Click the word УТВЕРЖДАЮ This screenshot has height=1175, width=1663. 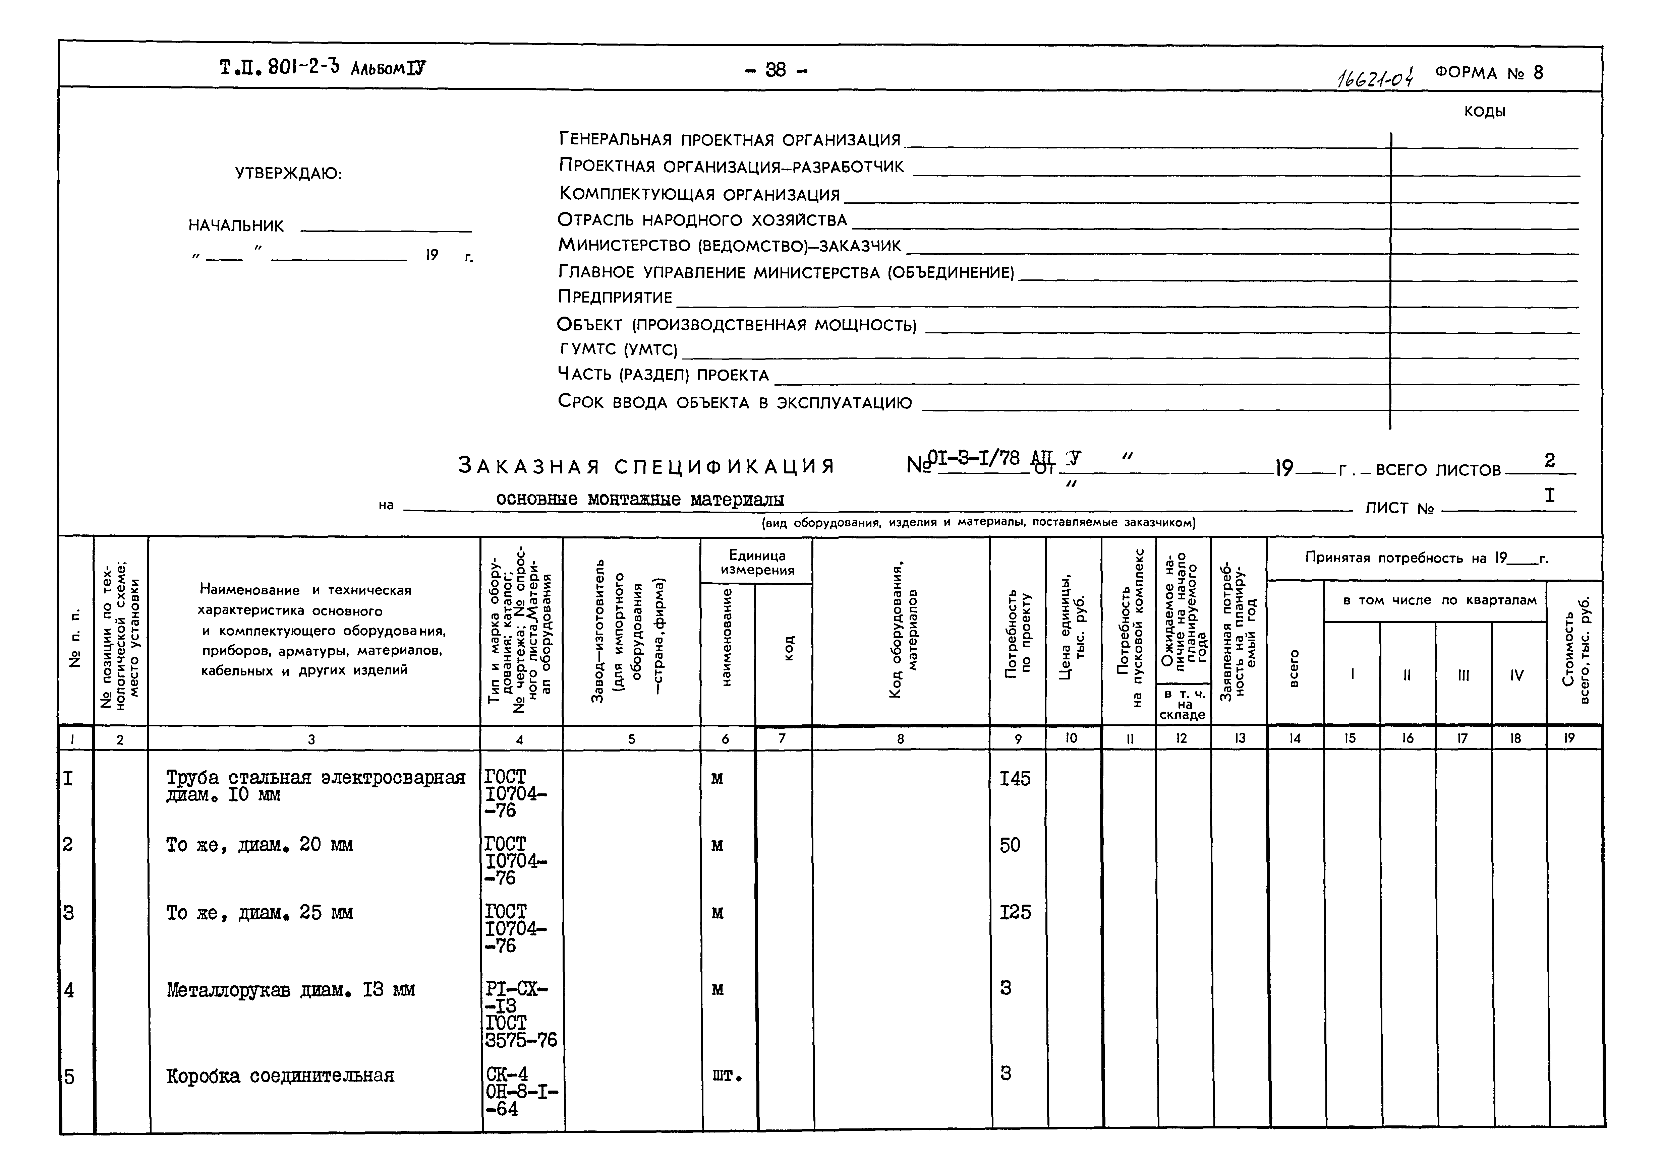point(288,174)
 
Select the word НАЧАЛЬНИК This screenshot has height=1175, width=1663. point(236,225)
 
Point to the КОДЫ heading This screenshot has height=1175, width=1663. point(1485,112)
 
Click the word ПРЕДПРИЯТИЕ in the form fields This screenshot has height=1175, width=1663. point(615,297)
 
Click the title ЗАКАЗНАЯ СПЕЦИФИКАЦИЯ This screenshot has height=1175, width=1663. point(647,465)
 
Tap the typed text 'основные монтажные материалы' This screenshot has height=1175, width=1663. point(640,499)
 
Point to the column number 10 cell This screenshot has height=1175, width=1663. point(1071,738)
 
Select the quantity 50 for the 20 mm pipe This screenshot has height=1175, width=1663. point(1010,845)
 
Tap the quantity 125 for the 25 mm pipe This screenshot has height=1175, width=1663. point(1015,912)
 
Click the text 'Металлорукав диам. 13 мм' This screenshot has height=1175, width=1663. point(290,990)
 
